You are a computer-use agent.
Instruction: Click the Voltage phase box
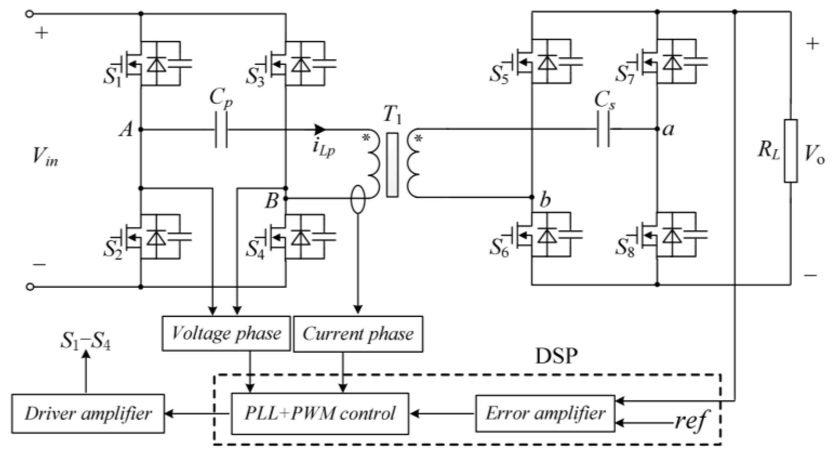[x=226, y=333]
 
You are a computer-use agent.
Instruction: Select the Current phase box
[x=358, y=334]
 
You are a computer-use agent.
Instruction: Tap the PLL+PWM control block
[x=320, y=413]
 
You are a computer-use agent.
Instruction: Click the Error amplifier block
[x=545, y=413]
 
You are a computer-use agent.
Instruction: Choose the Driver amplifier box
[x=88, y=413]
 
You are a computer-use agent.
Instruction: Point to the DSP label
[x=556, y=357]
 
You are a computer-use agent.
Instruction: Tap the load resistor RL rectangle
[x=791, y=151]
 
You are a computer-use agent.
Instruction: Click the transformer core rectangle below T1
[x=392, y=165]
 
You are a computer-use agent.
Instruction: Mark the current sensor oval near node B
[x=358, y=199]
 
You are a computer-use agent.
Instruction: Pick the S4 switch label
[x=256, y=250]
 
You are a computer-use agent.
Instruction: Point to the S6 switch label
[x=499, y=248]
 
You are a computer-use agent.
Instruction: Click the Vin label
[x=45, y=157]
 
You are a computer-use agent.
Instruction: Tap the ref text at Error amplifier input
[x=690, y=420]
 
